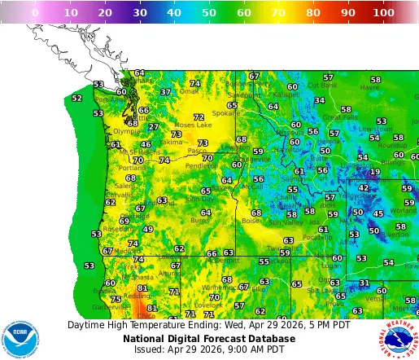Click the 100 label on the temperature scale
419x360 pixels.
(384, 13)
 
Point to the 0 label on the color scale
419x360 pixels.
(34, 13)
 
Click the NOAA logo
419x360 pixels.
(20, 338)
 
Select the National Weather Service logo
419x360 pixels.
(398, 338)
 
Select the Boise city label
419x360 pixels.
(250, 220)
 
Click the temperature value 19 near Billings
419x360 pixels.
(374, 172)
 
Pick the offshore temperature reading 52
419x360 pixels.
(76, 99)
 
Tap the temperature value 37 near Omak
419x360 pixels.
(165, 92)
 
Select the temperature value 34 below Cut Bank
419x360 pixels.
(320, 101)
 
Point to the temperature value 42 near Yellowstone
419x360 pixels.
(363, 187)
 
